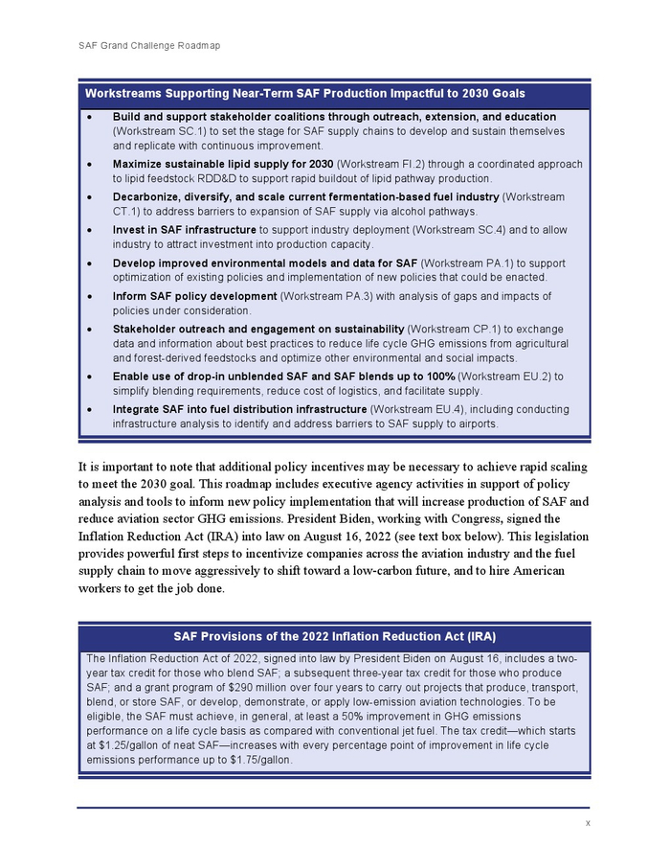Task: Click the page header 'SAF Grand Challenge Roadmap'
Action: coord(148,45)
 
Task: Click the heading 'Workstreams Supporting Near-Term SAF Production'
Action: coord(304,94)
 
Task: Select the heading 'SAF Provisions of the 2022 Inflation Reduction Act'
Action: coord(334,636)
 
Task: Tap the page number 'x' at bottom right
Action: coord(587,823)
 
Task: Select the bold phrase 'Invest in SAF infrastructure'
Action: coord(184,230)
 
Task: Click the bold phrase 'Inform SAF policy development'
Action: coord(194,296)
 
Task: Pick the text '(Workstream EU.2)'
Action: coord(508,377)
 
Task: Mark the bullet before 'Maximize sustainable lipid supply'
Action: coord(89,164)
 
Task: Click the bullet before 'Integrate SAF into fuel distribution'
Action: coord(89,409)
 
